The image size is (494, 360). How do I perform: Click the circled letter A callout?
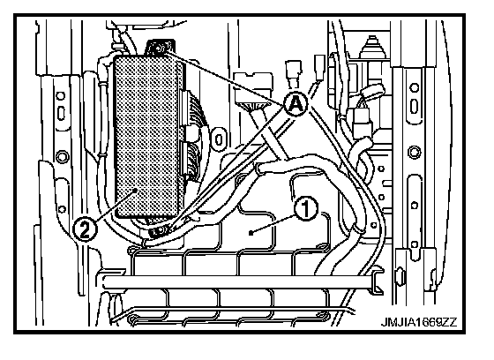click(296, 104)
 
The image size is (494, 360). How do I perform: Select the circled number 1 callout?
click(306, 209)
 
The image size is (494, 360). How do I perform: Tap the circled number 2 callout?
click(85, 229)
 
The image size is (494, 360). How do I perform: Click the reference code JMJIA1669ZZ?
click(419, 322)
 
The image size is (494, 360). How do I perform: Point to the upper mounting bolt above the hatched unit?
click(160, 48)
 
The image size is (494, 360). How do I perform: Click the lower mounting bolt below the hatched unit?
click(158, 232)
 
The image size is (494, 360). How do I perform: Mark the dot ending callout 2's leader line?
click(134, 190)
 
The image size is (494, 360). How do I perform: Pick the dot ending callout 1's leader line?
click(251, 233)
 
